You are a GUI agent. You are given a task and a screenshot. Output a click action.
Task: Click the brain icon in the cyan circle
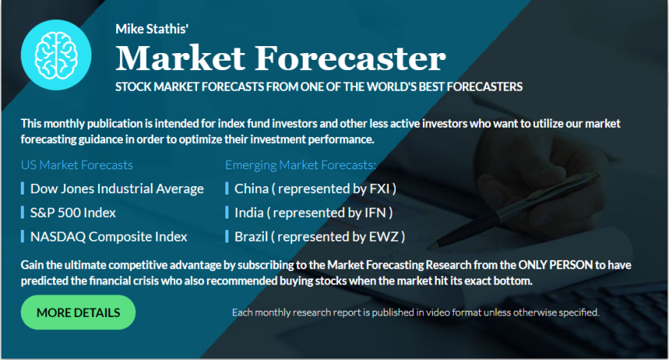tap(56, 55)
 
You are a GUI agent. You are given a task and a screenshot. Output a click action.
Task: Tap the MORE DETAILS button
tap(78, 312)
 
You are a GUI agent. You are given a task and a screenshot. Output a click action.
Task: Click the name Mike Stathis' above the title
tap(152, 28)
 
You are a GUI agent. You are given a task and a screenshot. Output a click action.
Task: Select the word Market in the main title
tap(180, 58)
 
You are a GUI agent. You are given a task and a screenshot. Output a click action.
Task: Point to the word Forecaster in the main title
tap(351, 58)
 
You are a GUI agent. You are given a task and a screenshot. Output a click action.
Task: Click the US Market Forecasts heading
tap(77, 165)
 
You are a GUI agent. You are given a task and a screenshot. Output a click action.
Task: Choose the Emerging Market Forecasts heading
tap(301, 165)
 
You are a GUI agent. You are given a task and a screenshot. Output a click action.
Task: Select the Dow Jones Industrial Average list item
tap(117, 188)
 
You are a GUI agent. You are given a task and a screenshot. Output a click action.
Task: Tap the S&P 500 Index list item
tap(73, 212)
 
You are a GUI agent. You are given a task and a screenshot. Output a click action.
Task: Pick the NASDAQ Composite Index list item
tap(108, 237)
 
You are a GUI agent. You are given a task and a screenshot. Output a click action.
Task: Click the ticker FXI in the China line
tap(380, 188)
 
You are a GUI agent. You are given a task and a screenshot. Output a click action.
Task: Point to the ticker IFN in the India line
tap(375, 212)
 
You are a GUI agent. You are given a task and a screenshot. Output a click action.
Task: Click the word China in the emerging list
tap(251, 188)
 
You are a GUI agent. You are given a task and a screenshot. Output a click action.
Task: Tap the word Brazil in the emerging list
tap(251, 237)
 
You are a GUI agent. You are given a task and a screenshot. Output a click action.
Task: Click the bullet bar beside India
tap(227, 212)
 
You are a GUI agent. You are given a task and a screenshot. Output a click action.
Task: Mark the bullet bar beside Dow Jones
tap(22, 188)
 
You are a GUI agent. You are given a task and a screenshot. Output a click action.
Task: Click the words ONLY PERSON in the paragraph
tap(555, 265)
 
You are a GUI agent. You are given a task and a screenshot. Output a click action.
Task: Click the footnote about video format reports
tap(415, 312)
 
